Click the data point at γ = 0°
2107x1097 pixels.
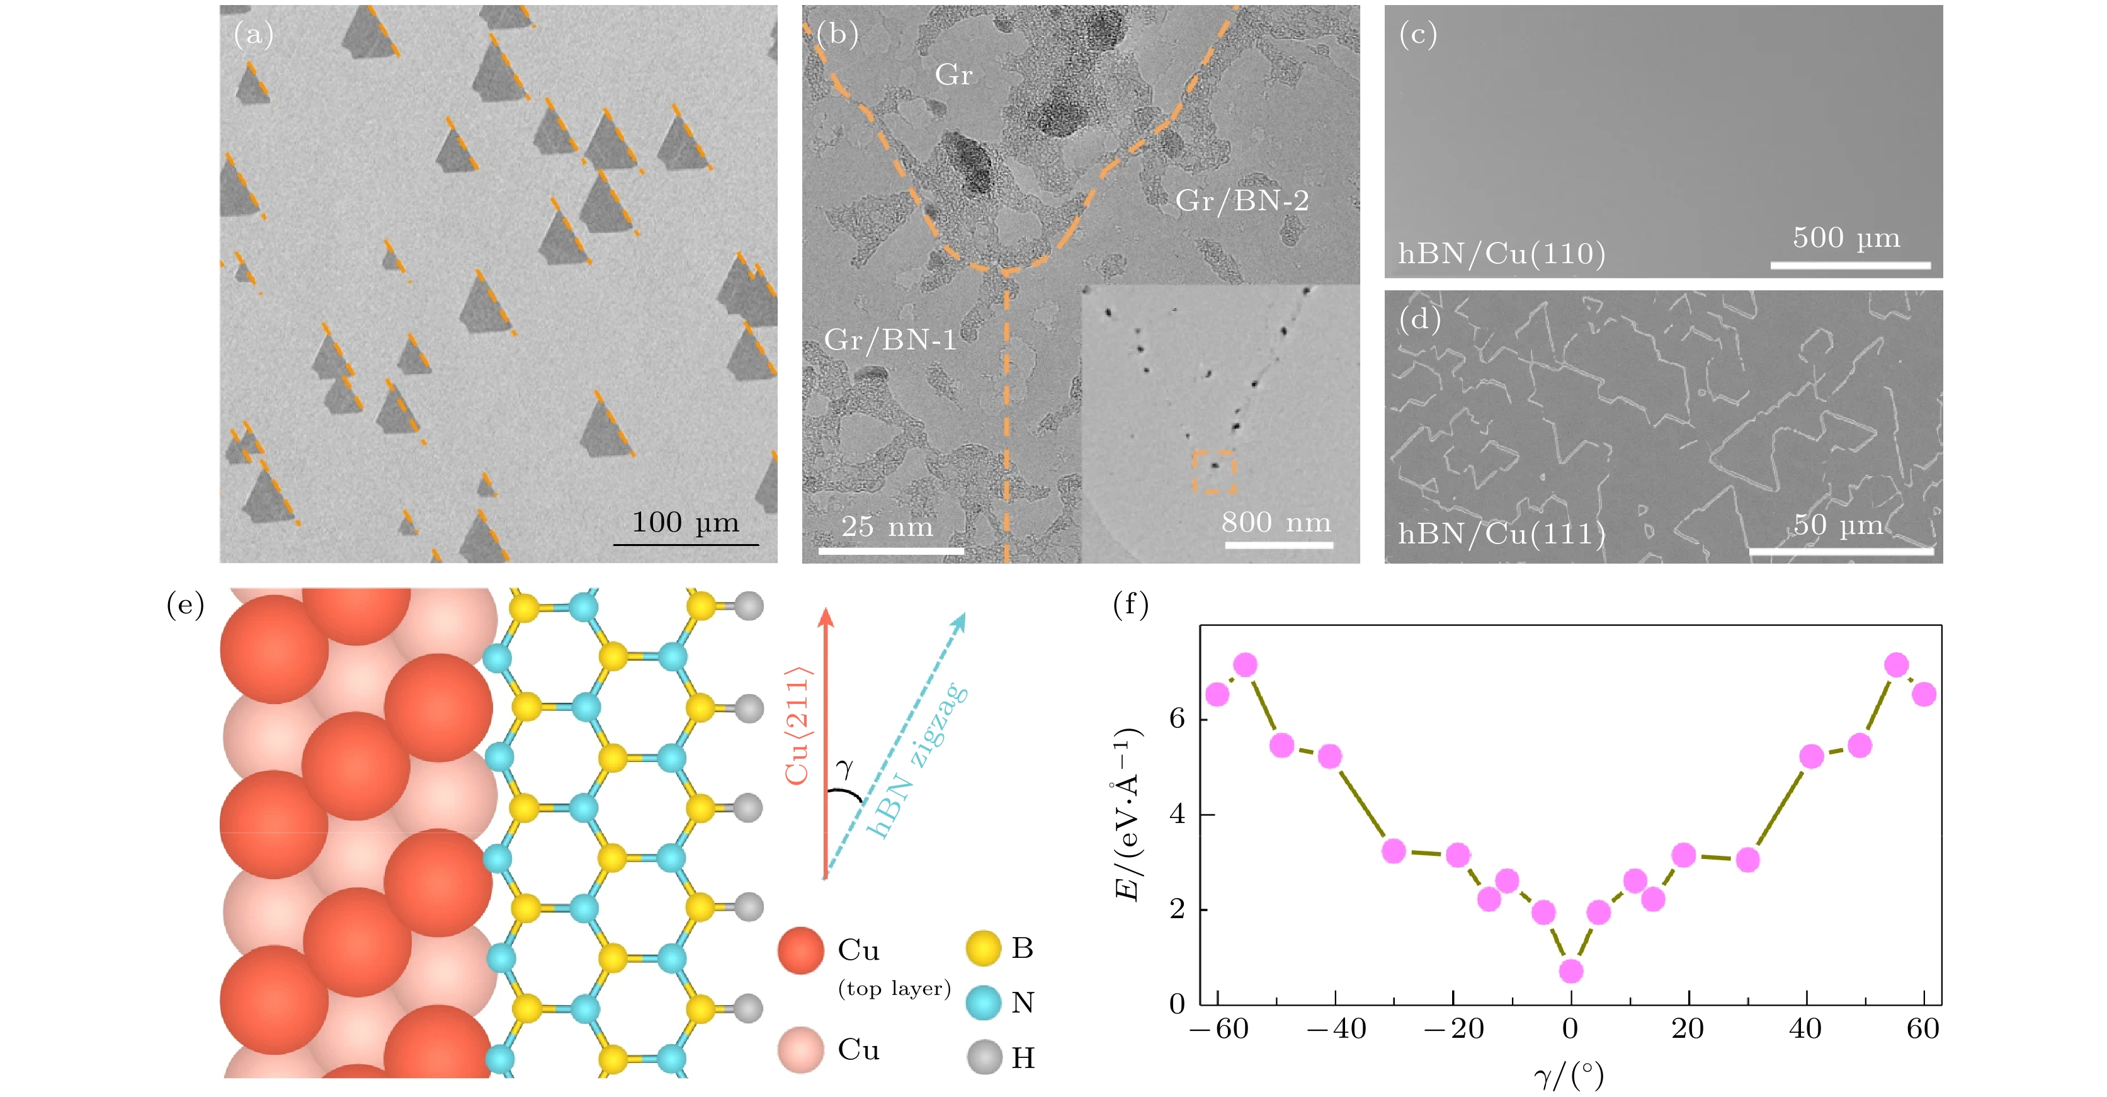(x=1570, y=971)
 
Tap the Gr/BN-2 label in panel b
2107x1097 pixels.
(x=1242, y=200)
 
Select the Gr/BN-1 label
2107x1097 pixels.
(x=890, y=339)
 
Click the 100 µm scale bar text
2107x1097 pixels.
(x=685, y=522)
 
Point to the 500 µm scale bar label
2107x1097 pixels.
(x=1847, y=237)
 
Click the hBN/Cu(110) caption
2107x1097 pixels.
(x=1502, y=254)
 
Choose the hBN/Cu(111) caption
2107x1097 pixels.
(x=1502, y=534)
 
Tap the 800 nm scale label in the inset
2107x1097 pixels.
(x=1276, y=522)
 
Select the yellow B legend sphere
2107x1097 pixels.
(x=983, y=948)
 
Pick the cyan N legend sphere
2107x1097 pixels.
(x=983, y=1002)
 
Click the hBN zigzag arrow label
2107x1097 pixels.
(x=917, y=760)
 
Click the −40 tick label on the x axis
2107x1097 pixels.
(x=1336, y=1029)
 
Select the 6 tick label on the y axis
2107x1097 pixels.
(x=1177, y=719)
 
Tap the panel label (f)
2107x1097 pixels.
(x=1131, y=605)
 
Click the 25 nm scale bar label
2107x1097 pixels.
(x=887, y=526)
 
